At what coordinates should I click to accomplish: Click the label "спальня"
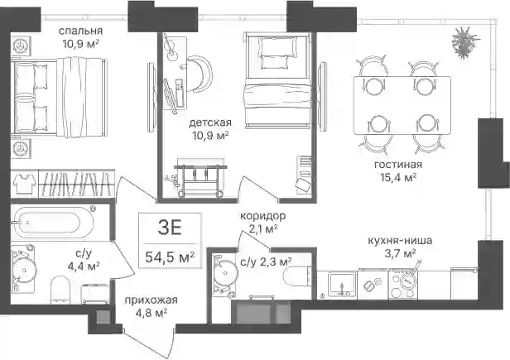coord(80,31)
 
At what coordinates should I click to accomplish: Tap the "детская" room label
coord(210,122)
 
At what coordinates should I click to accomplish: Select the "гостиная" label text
coord(398,164)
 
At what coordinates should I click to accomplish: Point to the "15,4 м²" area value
coord(398,177)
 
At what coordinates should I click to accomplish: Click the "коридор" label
coord(262,216)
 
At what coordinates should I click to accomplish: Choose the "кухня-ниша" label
coord(400,241)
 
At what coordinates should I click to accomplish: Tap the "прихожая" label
coord(152,300)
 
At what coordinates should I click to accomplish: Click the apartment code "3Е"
coord(170,228)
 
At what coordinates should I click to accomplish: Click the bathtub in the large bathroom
coord(53,223)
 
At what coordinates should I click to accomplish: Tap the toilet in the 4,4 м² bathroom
coord(60,290)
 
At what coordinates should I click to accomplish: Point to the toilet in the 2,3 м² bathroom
coord(297,276)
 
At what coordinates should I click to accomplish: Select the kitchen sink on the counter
coord(341,285)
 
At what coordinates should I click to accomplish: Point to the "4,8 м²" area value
coord(151,313)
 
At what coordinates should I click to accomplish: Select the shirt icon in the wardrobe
coord(25,183)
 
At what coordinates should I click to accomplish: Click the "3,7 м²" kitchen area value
coord(400,253)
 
